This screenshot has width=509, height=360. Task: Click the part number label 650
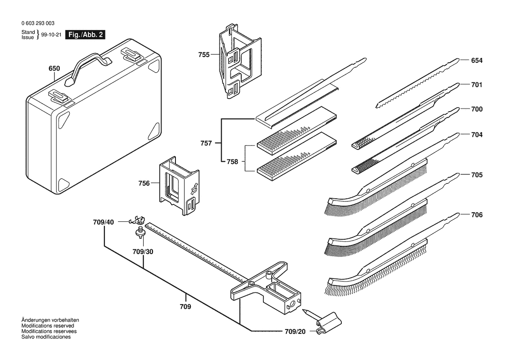tap(54, 69)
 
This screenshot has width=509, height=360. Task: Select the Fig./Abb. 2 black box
tap(85, 35)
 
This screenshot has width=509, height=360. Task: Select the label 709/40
tap(103, 222)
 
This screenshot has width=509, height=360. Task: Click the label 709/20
tap(296, 332)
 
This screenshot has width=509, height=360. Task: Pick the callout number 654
tap(477, 61)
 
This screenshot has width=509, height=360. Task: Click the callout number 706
tap(477, 215)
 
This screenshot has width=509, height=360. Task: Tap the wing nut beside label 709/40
tap(138, 220)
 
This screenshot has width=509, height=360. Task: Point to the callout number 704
tap(477, 135)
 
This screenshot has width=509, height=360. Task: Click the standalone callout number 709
tap(186, 307)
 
